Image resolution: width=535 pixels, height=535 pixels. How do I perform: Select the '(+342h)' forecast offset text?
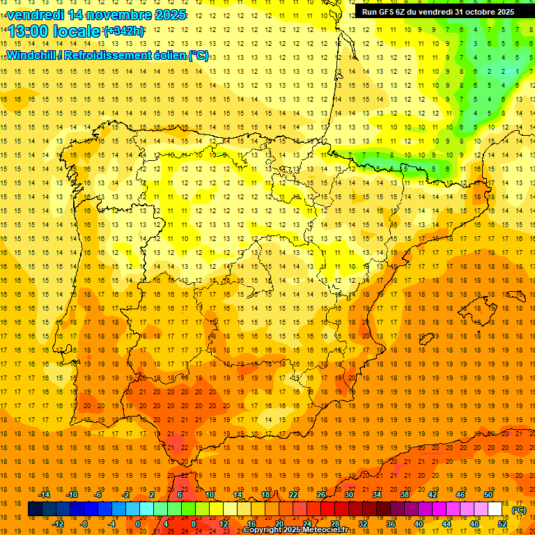pos(124,31)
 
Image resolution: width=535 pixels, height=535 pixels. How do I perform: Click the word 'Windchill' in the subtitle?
pos(31,55)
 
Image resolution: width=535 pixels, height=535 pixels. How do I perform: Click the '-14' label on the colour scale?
pos(45,494)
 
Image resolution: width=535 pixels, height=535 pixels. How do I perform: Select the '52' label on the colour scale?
pos(502,524)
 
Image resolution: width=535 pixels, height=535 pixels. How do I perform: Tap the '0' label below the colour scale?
pos(138,524)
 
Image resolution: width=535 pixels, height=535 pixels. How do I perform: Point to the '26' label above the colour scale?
pos(321,494)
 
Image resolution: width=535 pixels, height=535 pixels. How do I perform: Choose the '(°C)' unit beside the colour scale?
pos(518,509)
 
